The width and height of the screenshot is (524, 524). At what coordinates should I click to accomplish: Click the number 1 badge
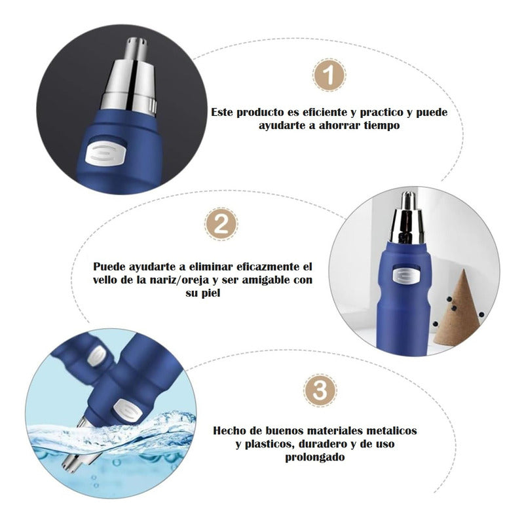(x=329, y=75)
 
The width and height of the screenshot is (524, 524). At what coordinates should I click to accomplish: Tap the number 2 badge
(x=221, y=223)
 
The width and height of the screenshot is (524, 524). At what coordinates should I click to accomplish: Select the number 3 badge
(x=320, y=390)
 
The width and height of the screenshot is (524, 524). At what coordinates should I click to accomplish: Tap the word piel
(x=212, y=293)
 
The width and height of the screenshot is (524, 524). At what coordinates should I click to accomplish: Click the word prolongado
(x=315, y=457)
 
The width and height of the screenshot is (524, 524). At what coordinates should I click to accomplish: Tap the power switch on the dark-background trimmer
(x=106, y=153)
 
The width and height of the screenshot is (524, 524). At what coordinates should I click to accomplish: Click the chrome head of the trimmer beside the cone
(x=408, y=217)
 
